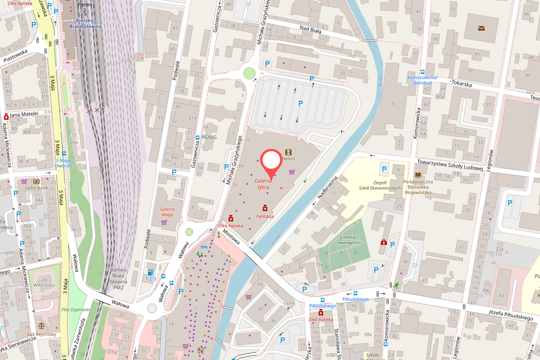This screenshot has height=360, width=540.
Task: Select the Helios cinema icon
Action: [288, 153]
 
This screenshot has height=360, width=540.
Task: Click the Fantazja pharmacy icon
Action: [265, 208]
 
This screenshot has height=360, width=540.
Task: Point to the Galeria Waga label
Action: [167, 211]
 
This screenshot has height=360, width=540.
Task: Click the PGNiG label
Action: [209, 137]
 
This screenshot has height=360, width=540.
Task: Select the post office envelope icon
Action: [481, 28]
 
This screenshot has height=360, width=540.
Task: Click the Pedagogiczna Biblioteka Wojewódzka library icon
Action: [418, 175]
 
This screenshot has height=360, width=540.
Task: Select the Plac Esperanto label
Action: [76, 310]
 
